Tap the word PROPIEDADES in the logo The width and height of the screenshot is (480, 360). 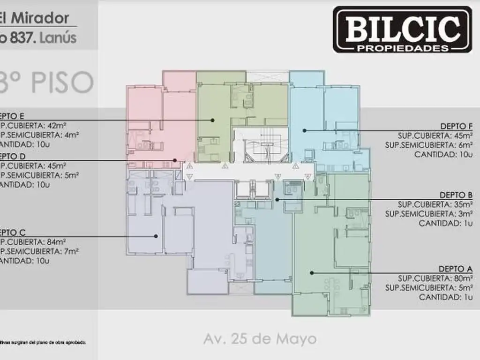click(402, 48)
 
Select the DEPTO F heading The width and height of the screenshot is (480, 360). click(456, 126)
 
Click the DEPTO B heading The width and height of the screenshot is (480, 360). click(456, 195)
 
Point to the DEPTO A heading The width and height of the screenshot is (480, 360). click(455, 269)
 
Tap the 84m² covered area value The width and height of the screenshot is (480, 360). click(53, 242)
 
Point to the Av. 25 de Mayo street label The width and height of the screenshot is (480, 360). click(260, 338)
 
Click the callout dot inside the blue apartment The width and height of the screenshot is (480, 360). click(304, 130)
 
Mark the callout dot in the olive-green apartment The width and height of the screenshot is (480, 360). click(213, 120)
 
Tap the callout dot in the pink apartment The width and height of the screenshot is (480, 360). click(175, 160)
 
